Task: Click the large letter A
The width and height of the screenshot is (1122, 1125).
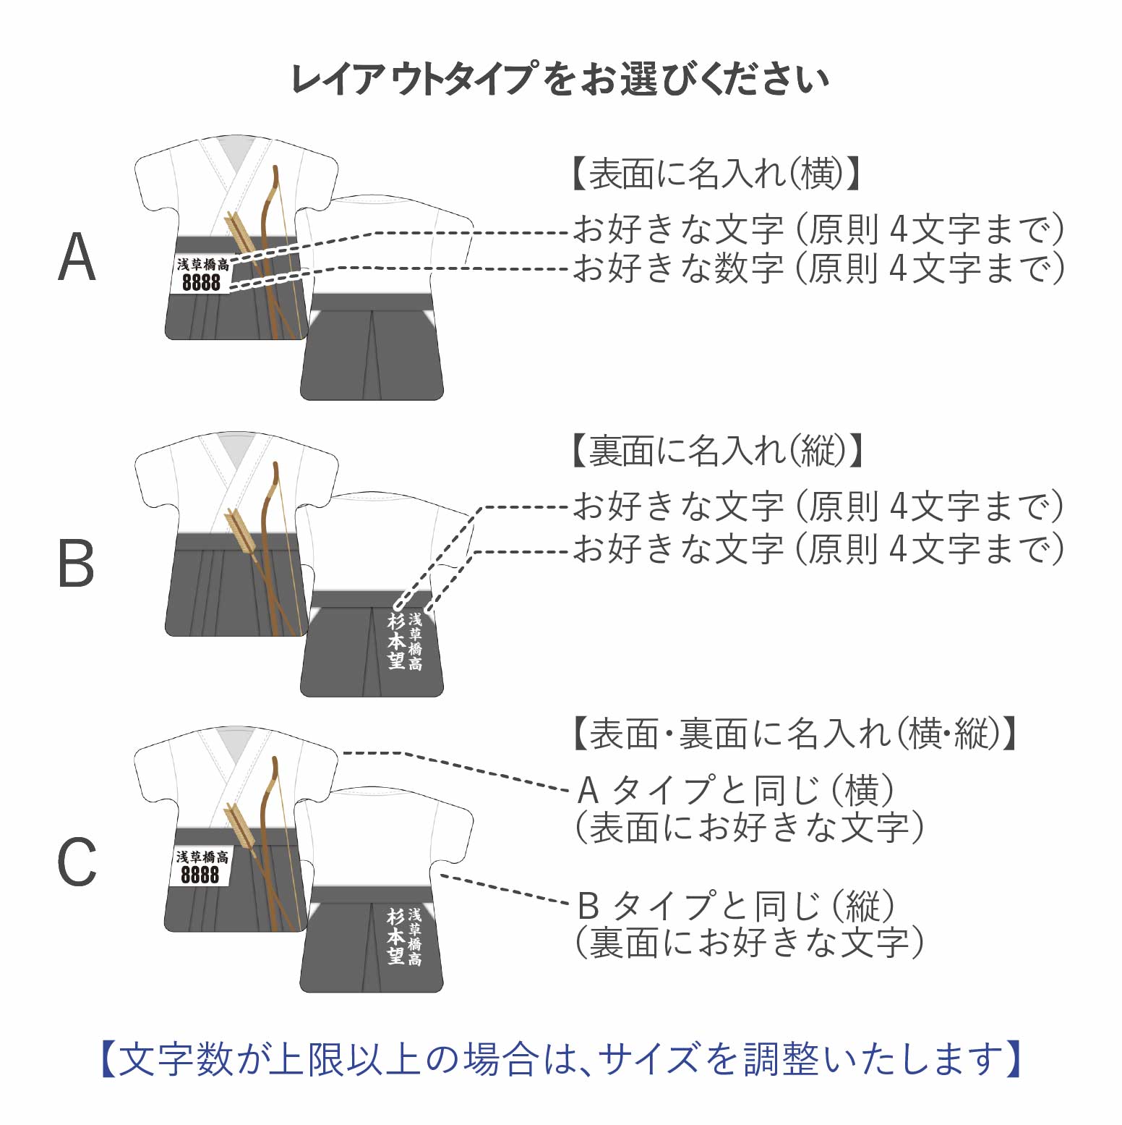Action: [x=77, y=258]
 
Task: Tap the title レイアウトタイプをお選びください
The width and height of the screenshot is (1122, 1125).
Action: [x=560, y=79]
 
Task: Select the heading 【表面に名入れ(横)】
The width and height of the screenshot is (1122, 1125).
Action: [x=715, y=174]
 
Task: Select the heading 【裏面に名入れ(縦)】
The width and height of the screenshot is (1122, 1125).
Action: [x=717, y=451]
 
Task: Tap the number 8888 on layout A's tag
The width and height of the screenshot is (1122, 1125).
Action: [x=201, y=282]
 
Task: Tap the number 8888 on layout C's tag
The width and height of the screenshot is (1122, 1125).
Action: [x=200, y=875]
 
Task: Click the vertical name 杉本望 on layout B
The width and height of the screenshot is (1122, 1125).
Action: [x=395, y=641]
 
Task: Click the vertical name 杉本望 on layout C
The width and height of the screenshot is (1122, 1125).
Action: [x=395, y=937]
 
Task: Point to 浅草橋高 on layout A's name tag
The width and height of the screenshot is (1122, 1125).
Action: [x=203, y=265]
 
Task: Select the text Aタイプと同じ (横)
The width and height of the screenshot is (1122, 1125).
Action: [x=736, y=790]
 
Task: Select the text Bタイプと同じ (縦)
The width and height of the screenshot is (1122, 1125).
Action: [x=736, y=905]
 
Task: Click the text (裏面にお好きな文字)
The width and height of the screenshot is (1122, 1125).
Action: [x=749, y=943]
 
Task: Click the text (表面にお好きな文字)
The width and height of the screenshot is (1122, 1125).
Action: [x=749, y=828]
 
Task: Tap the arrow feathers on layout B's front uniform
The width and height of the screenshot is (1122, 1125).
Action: [x=239, y=527]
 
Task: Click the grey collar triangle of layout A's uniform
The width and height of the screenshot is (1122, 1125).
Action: [x=238, y=153]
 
